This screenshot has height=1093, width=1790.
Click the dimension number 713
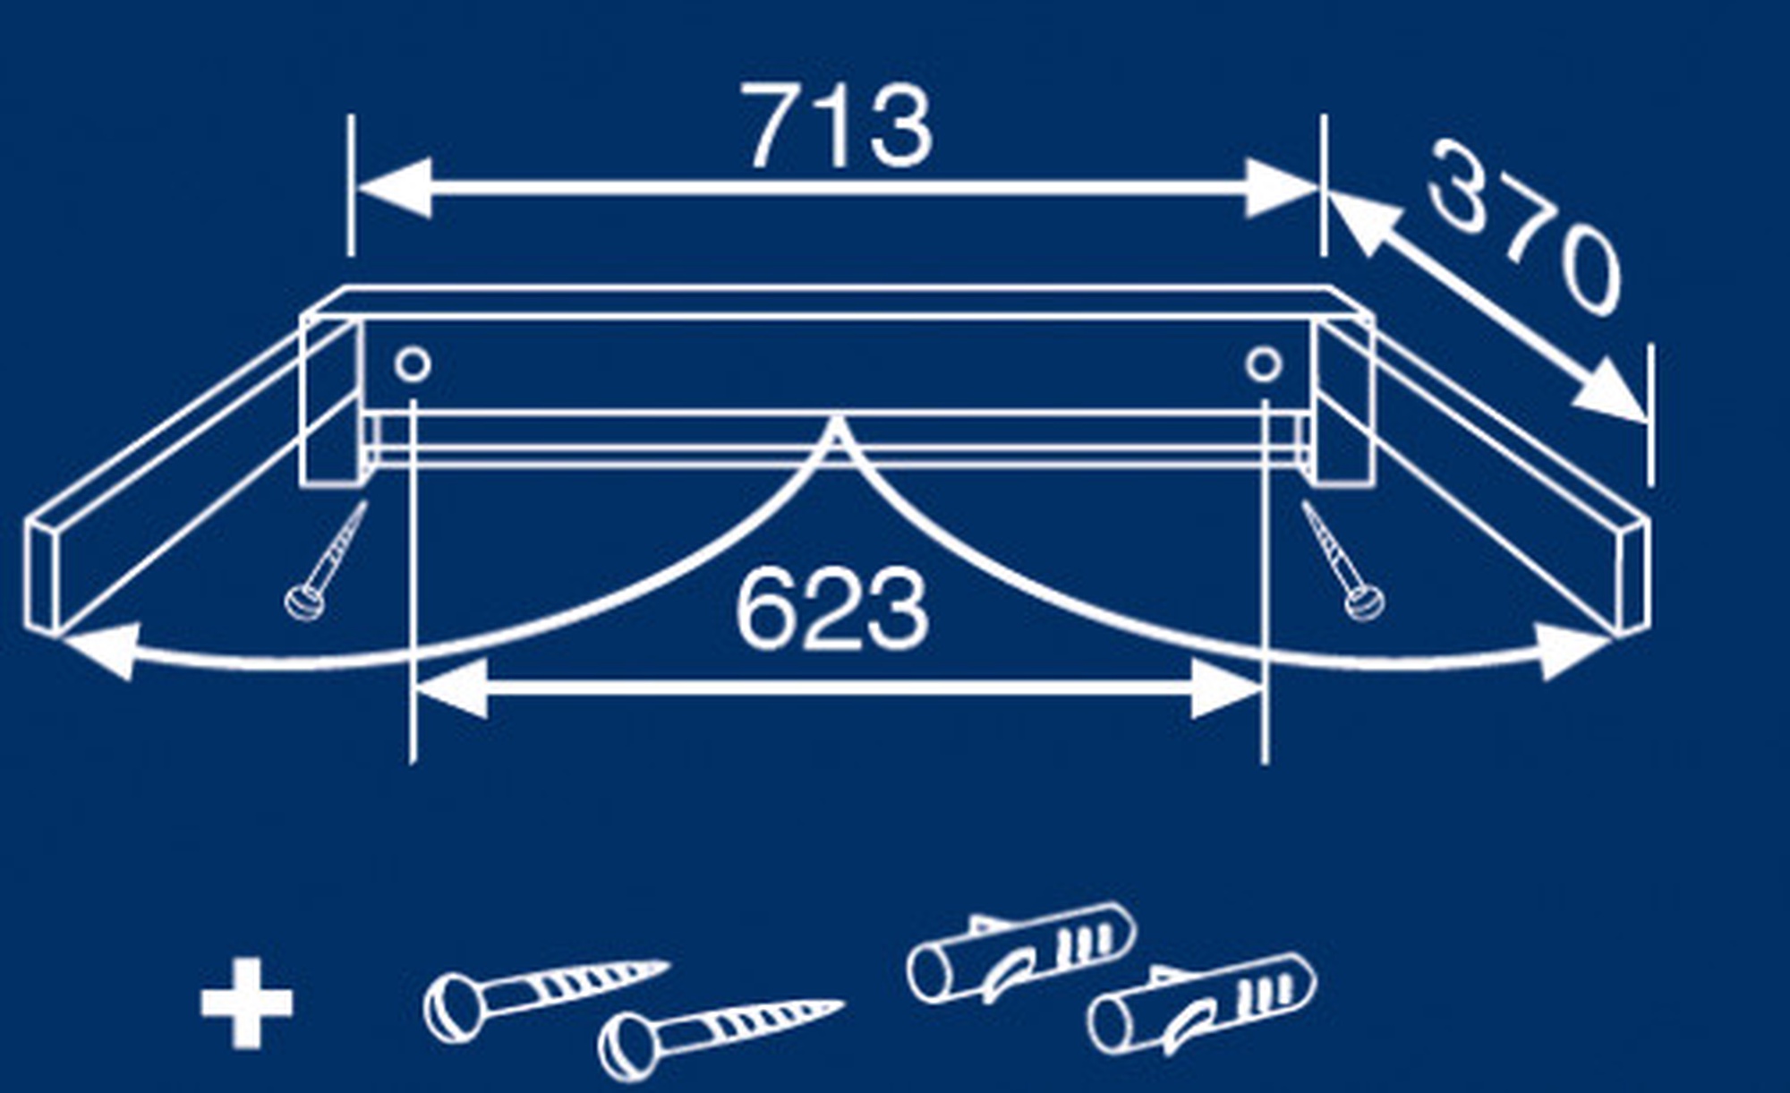[x=840, y=126]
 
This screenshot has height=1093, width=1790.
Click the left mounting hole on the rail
[x=413, y=365]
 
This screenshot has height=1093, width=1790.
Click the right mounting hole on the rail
[x=1264, y=365]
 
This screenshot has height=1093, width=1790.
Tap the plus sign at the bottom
[x=246, y=1003]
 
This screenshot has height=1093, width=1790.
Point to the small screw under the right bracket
[x=1342, y=560]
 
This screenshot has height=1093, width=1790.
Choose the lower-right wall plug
[x=1201, y=1004]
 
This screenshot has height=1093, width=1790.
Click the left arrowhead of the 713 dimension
[x=394, y=188]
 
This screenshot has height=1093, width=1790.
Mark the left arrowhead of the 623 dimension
[x=452, y=688]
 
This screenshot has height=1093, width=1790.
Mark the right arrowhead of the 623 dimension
[x=1226, y=688]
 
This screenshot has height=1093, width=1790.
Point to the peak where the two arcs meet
[x=836, y=417]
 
